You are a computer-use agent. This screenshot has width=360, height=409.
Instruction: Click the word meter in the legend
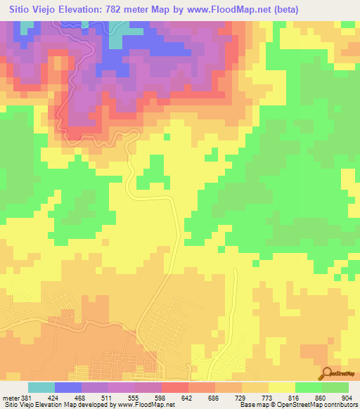click(12, 397)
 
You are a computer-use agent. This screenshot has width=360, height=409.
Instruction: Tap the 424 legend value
click(56, 397)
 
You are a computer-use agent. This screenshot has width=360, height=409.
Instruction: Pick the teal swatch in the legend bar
click(41, 387)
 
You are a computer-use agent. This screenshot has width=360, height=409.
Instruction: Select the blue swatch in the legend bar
click(68, 387)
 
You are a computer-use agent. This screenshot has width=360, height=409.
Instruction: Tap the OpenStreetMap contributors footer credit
click(323, 405)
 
